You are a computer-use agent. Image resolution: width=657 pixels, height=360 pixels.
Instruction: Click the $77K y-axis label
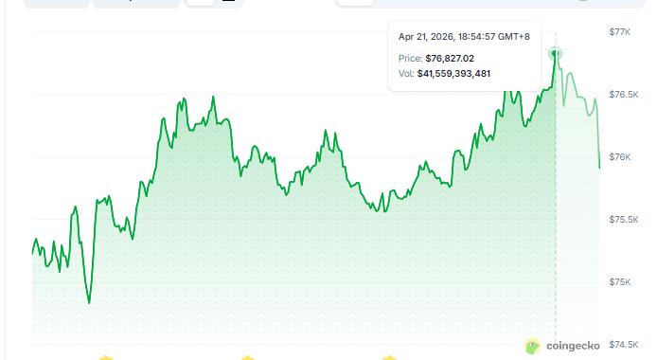[620, 32]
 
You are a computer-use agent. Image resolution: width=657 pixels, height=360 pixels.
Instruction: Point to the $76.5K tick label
[622, 95]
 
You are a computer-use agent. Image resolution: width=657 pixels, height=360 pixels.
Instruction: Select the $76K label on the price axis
[620, 157]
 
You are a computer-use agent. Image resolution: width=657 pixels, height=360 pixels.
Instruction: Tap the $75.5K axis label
[622, 220]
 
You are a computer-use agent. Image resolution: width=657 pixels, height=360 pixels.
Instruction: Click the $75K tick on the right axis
[620, 282]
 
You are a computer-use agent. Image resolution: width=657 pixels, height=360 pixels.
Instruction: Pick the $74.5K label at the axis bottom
[622, 345]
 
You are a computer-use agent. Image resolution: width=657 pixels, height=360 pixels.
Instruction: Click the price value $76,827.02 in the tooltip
[450, 58]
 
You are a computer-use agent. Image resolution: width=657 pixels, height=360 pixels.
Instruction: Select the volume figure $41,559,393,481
[453, 73]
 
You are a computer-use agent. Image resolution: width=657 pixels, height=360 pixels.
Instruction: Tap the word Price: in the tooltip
[410, 58]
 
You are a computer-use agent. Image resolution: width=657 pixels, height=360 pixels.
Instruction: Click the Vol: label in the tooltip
[406, 73]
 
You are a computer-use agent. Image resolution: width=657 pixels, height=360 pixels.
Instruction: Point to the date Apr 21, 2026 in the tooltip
[425, 37]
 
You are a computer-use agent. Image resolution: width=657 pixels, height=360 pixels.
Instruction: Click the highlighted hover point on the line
[556, 54]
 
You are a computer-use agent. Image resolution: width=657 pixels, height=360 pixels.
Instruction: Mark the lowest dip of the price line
[89, 302]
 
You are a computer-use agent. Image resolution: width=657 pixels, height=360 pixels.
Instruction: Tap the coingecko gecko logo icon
[533, 347]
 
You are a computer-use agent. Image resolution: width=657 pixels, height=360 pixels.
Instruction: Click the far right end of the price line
[599, 168]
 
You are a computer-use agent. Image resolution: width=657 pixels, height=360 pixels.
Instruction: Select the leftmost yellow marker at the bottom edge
[106, 357]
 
